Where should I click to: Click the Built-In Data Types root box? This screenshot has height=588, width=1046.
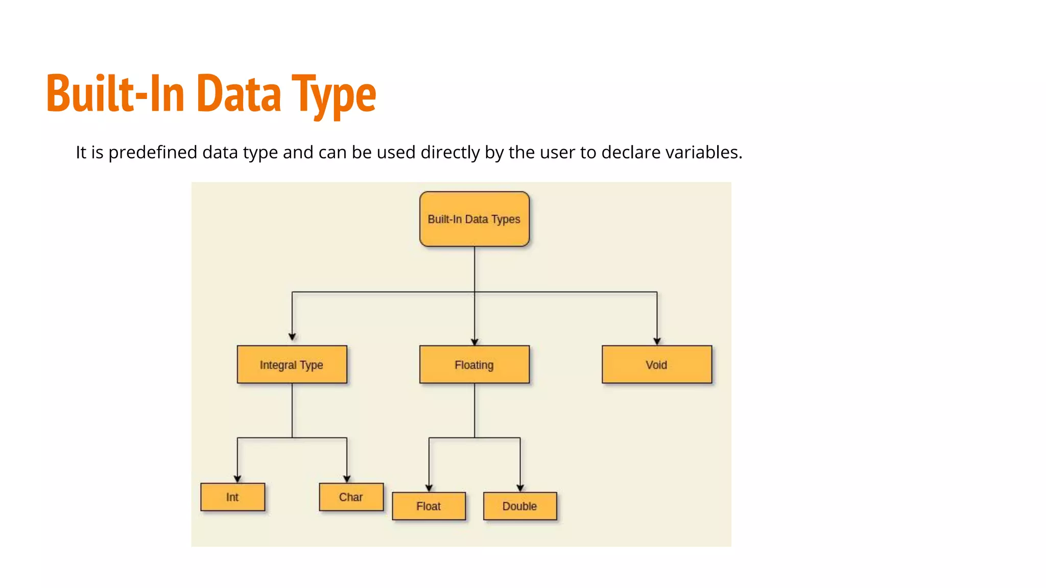474,219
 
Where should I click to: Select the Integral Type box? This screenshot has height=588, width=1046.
292,364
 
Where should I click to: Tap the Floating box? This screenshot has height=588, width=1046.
474,364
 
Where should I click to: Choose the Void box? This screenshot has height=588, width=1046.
656,364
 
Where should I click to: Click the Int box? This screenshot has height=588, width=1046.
232,497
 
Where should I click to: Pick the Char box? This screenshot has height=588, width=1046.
351,497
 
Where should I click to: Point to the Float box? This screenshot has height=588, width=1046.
429,506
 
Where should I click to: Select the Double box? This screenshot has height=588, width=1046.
519,506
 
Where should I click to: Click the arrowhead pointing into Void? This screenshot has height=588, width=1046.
657,341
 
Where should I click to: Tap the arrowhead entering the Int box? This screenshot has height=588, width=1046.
237,479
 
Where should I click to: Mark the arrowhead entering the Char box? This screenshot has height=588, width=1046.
347,479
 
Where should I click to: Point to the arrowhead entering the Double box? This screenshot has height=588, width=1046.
520,488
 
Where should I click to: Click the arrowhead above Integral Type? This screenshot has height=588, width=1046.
292,337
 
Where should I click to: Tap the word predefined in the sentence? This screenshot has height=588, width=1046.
153,152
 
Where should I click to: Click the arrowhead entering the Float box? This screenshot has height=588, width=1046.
429,488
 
